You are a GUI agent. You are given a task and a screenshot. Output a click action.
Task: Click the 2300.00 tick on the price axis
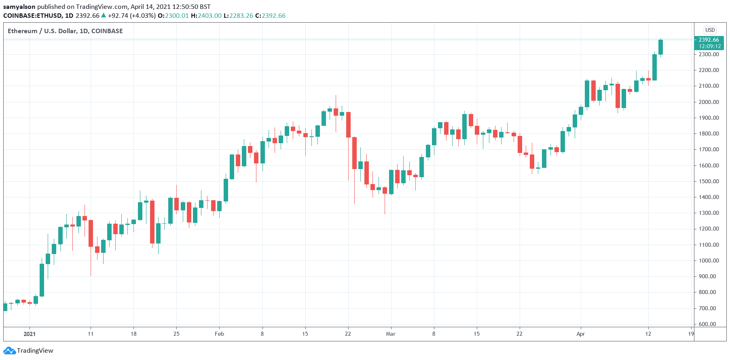[709, 54]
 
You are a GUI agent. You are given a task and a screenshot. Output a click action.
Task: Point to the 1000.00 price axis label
[709, 260]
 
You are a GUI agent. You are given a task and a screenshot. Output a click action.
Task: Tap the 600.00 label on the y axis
[709, 324]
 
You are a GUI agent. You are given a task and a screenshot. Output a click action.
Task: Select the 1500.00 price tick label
[709, 181]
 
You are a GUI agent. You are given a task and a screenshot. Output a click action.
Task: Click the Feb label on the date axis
[219, 334]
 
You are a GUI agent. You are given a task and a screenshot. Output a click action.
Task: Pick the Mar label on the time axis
[391, 334]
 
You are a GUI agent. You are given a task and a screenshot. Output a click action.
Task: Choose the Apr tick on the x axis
[580, 334]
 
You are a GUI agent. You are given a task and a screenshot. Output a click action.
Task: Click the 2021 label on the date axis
[30, 334]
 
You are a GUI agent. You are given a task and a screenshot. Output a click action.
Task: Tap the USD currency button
[710, 30]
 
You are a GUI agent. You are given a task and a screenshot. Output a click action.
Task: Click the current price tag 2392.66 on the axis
[709, 40]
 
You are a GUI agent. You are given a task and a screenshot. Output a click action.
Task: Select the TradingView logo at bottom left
[30, 350]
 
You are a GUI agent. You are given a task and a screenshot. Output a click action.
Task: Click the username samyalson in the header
[19, 6]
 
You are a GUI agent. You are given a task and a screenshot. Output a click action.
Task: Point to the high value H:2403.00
[206, 16]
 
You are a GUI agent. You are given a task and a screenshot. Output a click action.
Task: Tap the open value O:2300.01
[173, 16]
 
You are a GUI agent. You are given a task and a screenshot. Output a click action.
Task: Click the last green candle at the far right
[660, 47]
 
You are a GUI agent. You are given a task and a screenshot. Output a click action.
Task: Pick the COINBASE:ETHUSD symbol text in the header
[33, 16]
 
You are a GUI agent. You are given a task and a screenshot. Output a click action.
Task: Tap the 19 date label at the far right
[691, 334]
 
